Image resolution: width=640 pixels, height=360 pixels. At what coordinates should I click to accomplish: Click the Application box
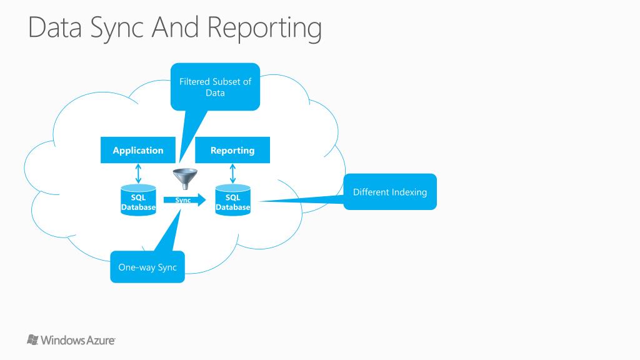click(x=138, y=150)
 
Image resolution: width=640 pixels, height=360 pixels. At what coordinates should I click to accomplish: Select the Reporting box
click(x=232, y=150)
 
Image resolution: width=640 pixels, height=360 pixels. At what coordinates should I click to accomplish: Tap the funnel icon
click(x=185, y=179)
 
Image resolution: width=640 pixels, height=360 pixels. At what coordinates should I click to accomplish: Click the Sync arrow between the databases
click(x=184, y=199)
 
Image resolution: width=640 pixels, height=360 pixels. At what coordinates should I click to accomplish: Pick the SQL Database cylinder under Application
click(x=138, y=200)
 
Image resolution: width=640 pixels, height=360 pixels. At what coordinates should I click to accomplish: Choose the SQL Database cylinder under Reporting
click(x=232, y=200)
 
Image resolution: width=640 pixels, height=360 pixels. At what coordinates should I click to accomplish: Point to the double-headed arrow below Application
click(x=138, y=174)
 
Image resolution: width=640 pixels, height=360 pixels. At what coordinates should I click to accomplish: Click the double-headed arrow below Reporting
click(x=232, y=174)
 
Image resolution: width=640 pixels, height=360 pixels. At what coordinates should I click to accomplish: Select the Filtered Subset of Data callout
click(x=215, y=87)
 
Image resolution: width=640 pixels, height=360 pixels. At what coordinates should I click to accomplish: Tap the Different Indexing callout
click(x=390, y=192)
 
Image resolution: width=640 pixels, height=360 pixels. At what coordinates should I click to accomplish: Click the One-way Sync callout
click(x=147, y=267)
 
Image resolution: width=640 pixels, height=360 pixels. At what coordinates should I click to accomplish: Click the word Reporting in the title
click(x=264, y=27)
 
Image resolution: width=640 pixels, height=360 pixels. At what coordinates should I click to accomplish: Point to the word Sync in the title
click(x=117, y=29)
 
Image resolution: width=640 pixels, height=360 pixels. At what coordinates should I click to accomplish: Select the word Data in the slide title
click(x=55, y=27)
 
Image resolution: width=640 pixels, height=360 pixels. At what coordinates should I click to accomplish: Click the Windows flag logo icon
click(x=32, y=339)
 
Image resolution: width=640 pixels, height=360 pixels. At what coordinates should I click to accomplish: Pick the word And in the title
click(x=176, y=27)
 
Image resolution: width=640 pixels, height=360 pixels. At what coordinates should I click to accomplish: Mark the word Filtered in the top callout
click(x=194, y=82)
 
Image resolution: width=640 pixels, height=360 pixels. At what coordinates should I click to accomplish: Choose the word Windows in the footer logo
click(x=63, y=341)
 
